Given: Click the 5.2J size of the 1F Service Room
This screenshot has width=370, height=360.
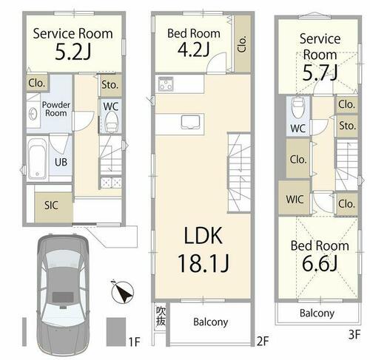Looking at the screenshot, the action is tap(73, 52).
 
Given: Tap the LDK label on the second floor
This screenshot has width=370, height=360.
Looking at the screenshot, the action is tap(203, 235).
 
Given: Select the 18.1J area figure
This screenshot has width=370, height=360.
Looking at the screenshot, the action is tap(203, 263).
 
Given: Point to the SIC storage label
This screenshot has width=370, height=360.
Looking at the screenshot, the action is tap(51, 205).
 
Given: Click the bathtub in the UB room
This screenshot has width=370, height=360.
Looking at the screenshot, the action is tap(37, 158).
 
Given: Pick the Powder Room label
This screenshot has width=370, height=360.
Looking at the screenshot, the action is tap(56, 109).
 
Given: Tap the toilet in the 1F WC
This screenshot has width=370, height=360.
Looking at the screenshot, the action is tap(111, 122).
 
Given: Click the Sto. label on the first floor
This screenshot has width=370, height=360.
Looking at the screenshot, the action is tap(110, 85).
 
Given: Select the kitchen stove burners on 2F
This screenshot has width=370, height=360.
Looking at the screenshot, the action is tap(166, 84).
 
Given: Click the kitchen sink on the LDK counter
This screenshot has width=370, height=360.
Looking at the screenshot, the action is tap(190, 122).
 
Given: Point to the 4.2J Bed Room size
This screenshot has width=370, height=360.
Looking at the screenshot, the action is tap(194, 50).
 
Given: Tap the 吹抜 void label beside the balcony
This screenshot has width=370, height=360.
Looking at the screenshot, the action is tap(161, 316).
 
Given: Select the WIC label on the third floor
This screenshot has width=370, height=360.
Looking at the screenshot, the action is tap(295, 200).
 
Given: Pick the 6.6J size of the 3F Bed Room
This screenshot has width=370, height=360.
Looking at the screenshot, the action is tap(320, 263).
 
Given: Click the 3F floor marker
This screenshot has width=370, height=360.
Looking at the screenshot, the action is tap(354, 335).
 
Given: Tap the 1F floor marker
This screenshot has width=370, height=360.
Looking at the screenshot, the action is tap(135, 342).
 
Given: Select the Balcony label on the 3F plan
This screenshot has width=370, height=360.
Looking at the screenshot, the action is tap(317, 313).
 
